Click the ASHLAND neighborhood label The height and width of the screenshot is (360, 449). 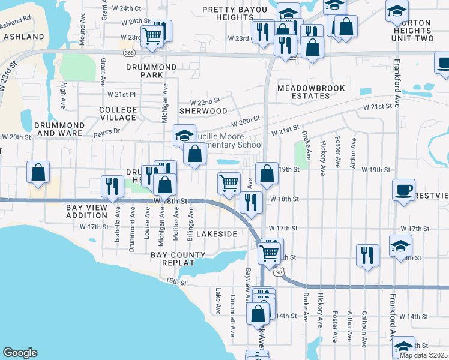tap(24, 37)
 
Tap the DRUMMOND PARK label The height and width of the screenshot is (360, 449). tap(144, 71)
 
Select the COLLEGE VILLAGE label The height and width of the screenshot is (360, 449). tap(118, 114)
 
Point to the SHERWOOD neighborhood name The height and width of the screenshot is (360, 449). tap(203, 111)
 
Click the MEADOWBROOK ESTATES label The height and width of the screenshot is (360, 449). tap(311, 92)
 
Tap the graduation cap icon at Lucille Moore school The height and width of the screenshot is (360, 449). tap(185, 134)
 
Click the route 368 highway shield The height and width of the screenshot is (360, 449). tap(129, 53)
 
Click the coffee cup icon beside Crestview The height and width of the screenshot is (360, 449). tap(403, 191)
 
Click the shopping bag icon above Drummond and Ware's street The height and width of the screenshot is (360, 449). tap(38, 172)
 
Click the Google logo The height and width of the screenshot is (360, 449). tap(20, 353)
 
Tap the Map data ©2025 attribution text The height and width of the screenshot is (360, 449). tap(423, 355)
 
